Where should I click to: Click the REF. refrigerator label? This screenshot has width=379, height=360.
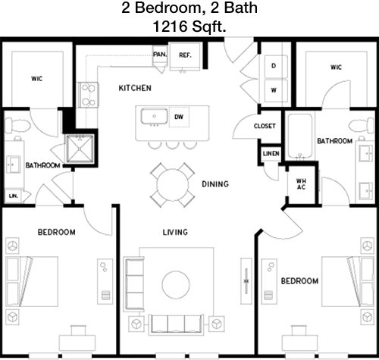coord(185,55)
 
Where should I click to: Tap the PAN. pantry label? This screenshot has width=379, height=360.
coord(160,55)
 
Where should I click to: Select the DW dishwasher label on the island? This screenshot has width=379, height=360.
coord(179,117)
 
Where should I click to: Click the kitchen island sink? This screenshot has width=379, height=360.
coord(154,116)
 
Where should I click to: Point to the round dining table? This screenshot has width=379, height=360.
coord(173,184)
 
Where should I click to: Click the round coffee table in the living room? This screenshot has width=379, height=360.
coord(176,285)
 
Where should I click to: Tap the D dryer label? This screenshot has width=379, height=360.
coord(274,66)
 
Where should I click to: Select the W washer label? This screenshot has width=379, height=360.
coord(274,90)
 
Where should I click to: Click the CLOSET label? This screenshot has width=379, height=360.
coord(265,126)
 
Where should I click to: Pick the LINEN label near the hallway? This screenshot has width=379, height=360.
coord(271,153)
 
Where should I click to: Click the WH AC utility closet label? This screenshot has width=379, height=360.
coord(301,184)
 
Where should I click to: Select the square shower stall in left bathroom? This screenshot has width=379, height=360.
coord(80,149)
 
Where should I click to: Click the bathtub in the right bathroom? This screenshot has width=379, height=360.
coord(300,136)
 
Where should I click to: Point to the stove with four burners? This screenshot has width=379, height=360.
coord(88,95)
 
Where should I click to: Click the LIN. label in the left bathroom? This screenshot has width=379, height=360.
coord(14,196)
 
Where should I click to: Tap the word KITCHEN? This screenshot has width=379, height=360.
coord(135,88)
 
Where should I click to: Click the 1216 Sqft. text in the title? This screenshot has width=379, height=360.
coord(189,27)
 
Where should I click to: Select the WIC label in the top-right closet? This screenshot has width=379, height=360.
coord(336,67)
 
